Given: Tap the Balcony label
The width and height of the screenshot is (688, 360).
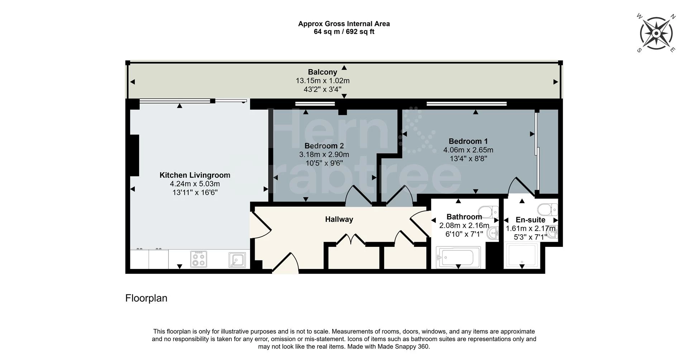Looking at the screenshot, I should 322,72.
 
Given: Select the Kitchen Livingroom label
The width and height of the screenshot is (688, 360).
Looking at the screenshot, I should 195,175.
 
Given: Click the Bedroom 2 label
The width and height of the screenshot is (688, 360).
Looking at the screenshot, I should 324,146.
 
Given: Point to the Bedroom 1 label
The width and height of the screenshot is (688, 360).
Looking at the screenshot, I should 468,141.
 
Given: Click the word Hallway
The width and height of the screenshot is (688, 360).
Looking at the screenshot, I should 339,219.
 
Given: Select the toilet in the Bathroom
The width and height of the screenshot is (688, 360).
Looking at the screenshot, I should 489,211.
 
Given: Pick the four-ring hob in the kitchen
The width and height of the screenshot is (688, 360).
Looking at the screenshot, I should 199,259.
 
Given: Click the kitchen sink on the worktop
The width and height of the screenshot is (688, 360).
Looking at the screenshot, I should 237,260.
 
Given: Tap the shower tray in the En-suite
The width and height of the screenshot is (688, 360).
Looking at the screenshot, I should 521,255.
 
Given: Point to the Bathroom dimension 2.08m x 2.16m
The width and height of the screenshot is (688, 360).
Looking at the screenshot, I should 464,226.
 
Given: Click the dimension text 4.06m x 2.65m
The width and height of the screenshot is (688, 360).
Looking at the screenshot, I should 468,150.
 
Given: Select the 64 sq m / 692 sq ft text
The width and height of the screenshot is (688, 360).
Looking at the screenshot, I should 344,32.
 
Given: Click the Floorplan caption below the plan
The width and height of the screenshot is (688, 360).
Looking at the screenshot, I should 146,298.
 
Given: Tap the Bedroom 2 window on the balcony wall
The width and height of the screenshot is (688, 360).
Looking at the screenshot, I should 315,104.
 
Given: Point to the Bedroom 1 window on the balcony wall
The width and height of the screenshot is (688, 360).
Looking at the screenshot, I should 467,104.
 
